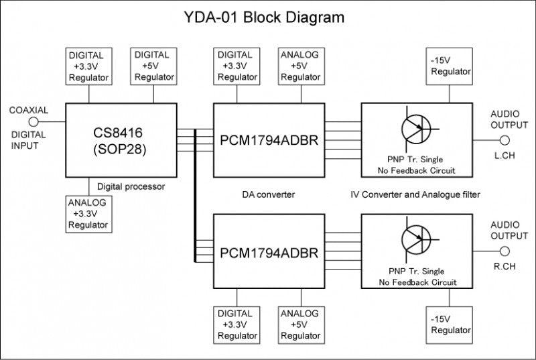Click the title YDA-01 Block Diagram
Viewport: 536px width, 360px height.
pyautogui.click(x=264, y=17)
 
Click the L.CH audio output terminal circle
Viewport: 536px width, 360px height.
pyautogui.click(x=505, y=141)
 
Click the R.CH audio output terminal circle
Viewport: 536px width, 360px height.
pyautogui.click(x=505, y=252)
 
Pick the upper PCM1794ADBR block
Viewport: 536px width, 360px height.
pyautogui.click(x=269, y=140)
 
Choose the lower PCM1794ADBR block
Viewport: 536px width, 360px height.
pyautogui.click(x=269, y=252)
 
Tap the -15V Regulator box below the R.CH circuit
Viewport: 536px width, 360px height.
pyautogui.click(x=450, y=324)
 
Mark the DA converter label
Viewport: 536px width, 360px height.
pyautogui.click(x=269, y=194)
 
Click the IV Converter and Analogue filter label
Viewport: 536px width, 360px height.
pyautogui.click(x=415, y=194)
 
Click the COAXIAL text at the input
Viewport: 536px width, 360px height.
pyautogui.click(x=28, y=110)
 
